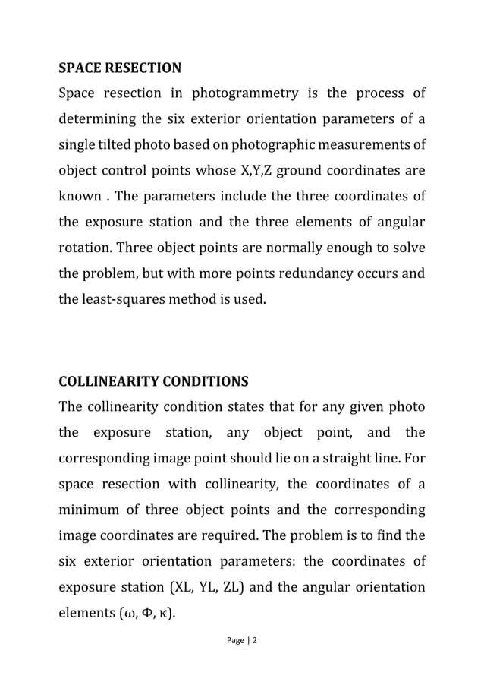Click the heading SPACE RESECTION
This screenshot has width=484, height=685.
pyautogui.click(x=120, y=68)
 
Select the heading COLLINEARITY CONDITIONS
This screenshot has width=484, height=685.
pyautogui.click(x=153, y=380)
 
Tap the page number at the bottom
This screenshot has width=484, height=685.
pyautogui.click(x=242, y=640)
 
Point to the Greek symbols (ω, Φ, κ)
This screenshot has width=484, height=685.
pyautogui.click(x=144, y=612)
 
